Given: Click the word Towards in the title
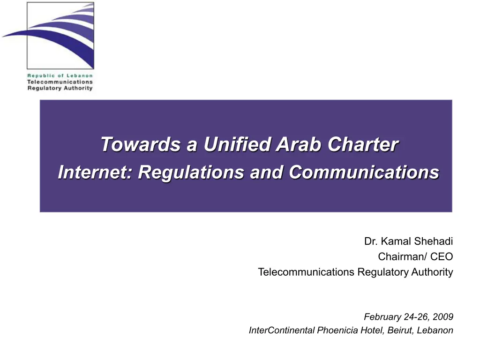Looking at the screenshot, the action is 141,144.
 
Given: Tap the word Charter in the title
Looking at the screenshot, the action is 363,144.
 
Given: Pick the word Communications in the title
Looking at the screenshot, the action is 364,172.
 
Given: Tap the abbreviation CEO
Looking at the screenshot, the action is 442,256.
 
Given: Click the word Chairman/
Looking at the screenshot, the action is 403,256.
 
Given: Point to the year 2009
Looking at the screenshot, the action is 443,316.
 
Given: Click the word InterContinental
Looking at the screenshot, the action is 282,330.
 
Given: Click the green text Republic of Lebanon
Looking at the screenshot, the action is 60,75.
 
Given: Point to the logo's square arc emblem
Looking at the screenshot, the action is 60,36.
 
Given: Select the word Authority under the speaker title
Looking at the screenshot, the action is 432,272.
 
